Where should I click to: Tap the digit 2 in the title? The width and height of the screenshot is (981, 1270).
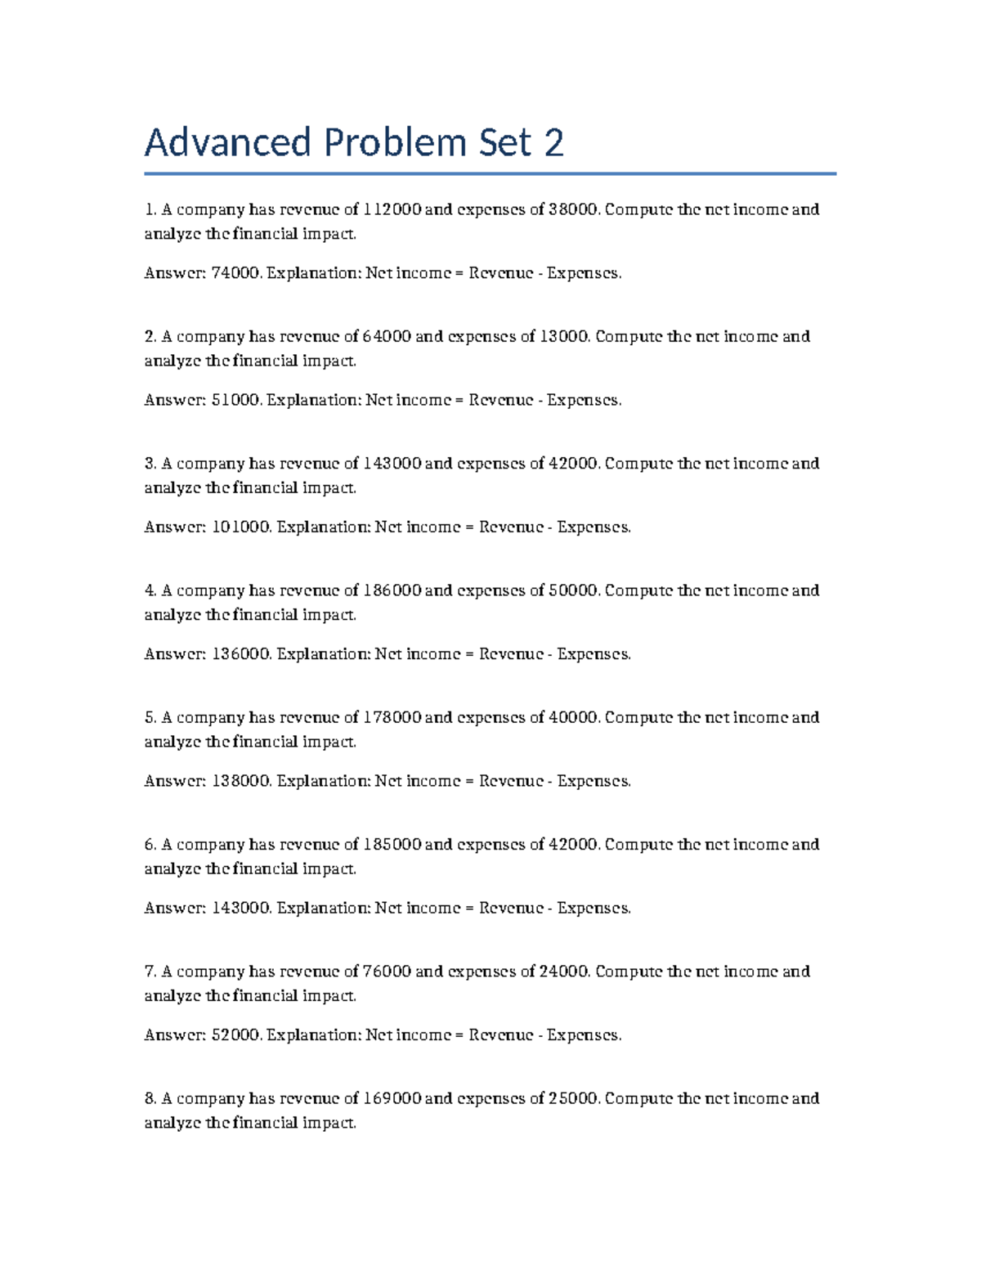553,143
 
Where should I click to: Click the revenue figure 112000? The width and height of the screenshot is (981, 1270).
392,209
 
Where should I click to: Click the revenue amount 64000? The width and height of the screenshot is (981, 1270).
387,336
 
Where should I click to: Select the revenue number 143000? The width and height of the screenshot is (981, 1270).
392,464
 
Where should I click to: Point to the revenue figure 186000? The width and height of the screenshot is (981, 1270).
392,590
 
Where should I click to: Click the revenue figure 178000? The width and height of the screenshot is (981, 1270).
392,717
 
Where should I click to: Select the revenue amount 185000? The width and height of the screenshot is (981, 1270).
392,845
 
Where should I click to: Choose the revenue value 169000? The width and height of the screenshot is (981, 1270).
392,1098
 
